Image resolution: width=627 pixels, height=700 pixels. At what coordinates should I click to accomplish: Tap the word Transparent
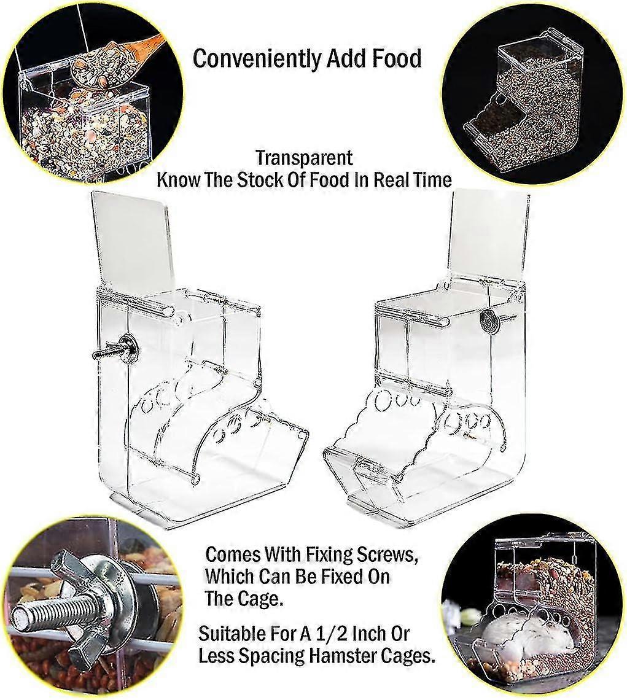point(304,158)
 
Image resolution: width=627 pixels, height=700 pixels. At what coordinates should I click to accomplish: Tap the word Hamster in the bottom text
point(341,655)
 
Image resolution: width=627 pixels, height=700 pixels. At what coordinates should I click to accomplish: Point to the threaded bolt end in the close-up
point(40,618)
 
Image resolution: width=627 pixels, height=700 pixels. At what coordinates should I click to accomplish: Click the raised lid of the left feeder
point(133,241)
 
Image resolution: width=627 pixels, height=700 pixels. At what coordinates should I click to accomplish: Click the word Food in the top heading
point(397,59)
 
